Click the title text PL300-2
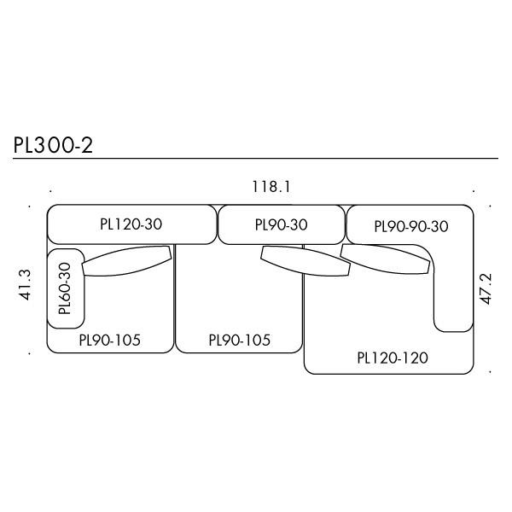point(53,145)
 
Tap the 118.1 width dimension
point(271,187)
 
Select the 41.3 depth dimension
point(25,284)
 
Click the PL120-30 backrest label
point(131,224)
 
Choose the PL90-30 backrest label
point(281,225)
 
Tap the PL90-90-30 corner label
point(410,226)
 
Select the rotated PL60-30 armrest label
point(65,288)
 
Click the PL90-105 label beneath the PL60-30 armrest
point(109,340)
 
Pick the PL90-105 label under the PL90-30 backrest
point(239,340)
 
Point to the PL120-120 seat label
point(393,358)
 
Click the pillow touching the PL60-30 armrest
point(127,261)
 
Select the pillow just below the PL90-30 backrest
point(305,261)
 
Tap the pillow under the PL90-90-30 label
point(384,259)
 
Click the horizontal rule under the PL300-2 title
point(256,159)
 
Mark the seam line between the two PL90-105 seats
point(175,299)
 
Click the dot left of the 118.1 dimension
point(50,190)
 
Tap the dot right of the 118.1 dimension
point(475,190)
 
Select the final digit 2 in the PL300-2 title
point(86,145)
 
